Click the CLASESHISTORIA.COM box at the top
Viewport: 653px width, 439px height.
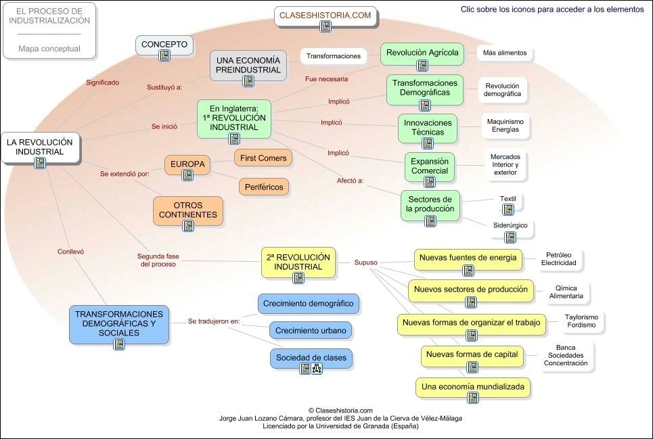pos(325,16)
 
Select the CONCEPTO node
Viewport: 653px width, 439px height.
pos(164,45)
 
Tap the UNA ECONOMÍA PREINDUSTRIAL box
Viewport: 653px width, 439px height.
pos(248,66)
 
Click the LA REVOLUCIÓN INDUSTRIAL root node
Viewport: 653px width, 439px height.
pos(40,147)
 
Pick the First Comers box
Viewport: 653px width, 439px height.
pos(263,158)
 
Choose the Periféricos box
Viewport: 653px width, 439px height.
pos(264,186)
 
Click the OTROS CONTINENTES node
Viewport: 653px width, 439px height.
pos(187,210)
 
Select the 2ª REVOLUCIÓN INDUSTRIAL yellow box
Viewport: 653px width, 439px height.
pos(298,262)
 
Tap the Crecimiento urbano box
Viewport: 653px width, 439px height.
pos(311,331)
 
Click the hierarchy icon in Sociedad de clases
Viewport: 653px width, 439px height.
pos(317,369)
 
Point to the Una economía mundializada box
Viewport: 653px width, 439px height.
pos(472,388)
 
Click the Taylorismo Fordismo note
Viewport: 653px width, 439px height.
pos(581,321)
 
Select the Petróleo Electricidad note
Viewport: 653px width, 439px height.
pos(558,259)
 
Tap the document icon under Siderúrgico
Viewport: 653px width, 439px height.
pos(510,237)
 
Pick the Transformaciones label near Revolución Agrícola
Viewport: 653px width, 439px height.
pos(334,56)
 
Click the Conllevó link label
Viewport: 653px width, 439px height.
pos(70,252)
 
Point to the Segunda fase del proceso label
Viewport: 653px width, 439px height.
pos(157,260)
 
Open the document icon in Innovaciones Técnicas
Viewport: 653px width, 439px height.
pos(428,143)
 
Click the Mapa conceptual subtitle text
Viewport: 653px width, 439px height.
pos(49,49)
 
